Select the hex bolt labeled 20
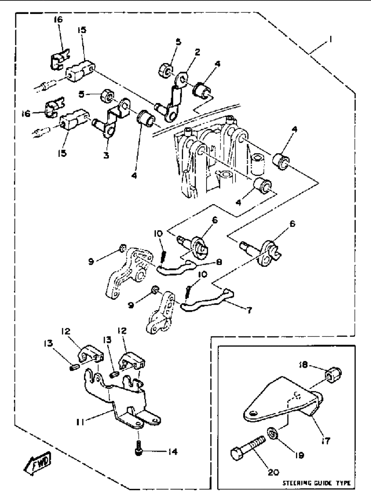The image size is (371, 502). coord(247,444)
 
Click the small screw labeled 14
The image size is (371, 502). coord(139,448)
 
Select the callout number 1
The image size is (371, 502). coord(331,40)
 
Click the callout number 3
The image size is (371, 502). coord(106,155)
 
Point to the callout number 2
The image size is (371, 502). coord(197,52)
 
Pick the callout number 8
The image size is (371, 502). coord(219,262)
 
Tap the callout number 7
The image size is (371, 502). coord(249,310)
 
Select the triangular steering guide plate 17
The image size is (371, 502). coord(283,401)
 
